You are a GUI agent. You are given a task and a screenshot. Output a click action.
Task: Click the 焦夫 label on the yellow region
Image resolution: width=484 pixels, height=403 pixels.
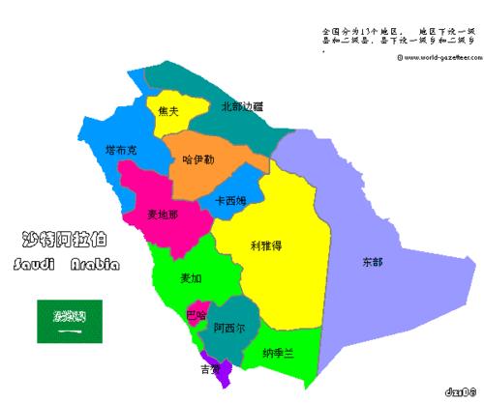[x=167, y=111]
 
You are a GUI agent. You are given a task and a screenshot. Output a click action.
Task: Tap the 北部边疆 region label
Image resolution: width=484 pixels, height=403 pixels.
[x=242, y=106]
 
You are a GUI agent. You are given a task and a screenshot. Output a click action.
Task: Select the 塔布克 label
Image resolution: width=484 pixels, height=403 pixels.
[x=123, y=151]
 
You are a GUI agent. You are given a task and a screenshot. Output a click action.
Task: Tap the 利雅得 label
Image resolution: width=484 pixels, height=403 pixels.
[x=265, y=245]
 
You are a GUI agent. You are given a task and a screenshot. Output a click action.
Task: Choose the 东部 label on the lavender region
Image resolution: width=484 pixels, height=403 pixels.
[x=372, y=262]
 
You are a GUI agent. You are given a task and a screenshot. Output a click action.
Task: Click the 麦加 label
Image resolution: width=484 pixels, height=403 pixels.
[x=192, y=278]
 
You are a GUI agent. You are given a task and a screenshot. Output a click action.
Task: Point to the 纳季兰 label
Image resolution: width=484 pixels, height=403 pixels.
[x=277, y=354]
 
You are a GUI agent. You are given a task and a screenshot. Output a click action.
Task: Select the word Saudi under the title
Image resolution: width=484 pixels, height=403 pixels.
[x=36, y=264]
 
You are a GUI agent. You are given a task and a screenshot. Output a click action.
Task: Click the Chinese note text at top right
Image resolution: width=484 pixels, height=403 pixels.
[x=398, y=37]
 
